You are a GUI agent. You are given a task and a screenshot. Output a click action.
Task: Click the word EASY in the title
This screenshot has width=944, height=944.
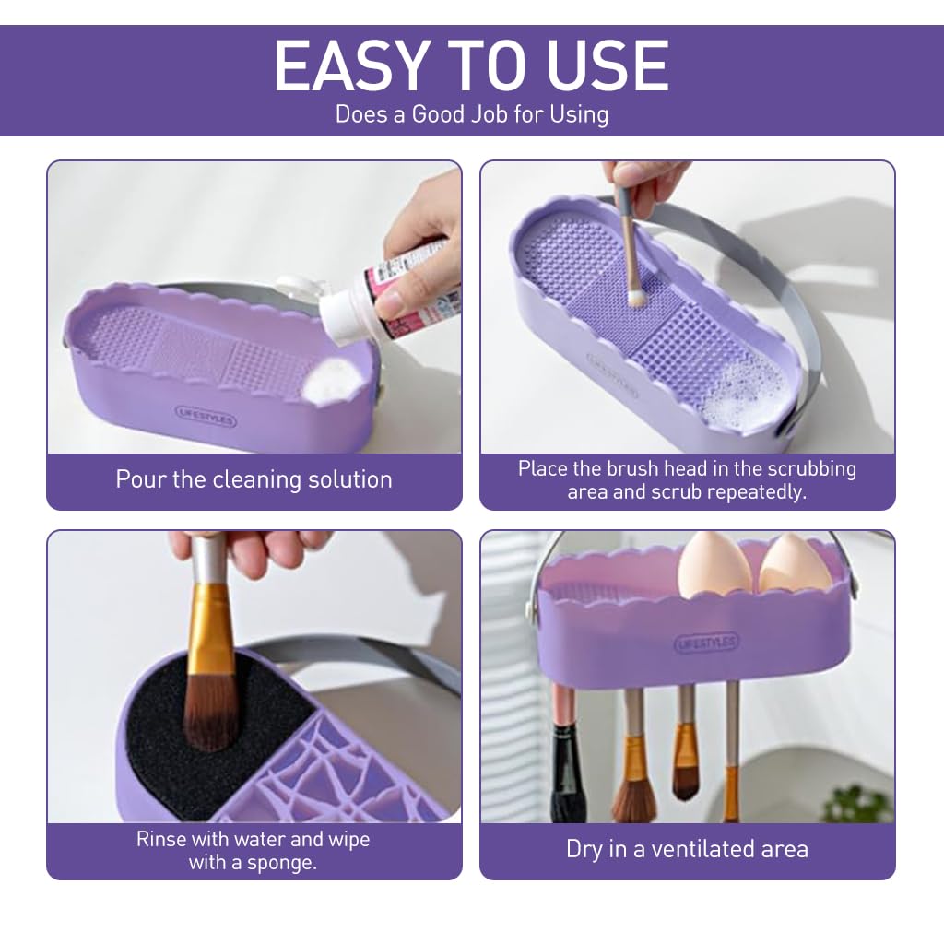pos(349,65)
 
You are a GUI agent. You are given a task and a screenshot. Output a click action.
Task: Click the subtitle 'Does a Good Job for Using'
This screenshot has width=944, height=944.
pos(471,114)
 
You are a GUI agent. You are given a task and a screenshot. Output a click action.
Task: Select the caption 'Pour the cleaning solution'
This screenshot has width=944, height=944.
pos(254,479)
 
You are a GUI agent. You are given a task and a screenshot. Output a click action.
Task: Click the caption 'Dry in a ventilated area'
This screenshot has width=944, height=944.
pos(687,849)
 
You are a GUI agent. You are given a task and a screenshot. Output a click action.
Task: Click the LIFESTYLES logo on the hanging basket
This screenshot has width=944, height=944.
pos(706,643)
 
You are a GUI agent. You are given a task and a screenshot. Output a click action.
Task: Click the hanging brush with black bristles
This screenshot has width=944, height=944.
pos(564,774)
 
